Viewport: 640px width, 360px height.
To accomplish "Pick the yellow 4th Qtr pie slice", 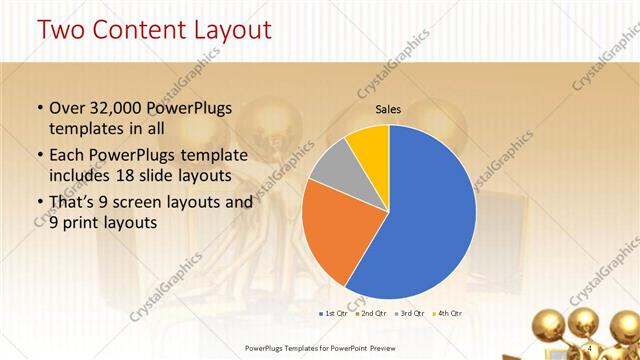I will [368, 142].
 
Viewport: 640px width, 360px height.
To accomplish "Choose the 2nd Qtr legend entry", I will [374, 314].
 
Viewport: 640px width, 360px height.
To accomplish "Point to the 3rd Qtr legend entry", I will [411, 314].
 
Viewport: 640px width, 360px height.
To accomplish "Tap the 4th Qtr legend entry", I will [448, 314].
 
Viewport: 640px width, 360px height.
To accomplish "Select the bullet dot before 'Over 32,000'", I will [39, 109].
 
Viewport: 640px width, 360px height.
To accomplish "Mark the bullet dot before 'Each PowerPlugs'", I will [39, 155].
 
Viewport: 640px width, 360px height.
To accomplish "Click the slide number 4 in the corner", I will [590, 347].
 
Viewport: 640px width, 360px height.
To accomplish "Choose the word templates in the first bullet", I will [84, 129].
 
